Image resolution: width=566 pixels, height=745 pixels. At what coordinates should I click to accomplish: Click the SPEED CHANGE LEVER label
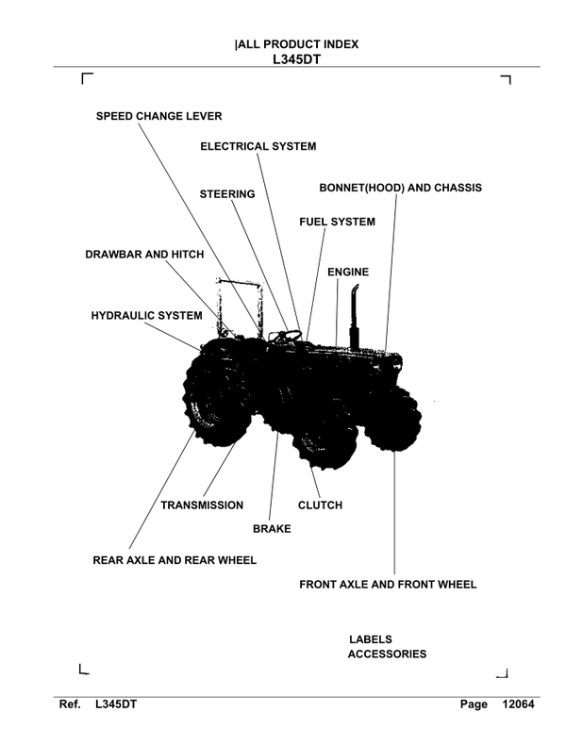click(159, 116)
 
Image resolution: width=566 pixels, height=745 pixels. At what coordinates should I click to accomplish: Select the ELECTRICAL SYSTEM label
click(258, 146)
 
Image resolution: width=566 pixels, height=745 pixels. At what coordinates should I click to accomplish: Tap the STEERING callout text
click(227, 194)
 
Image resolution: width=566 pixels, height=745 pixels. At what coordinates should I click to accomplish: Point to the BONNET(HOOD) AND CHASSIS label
click(400, 188)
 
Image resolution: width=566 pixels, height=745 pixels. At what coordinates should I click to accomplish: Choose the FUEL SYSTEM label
click(337, 222)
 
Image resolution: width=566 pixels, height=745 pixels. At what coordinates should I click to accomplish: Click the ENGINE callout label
click(347, 272)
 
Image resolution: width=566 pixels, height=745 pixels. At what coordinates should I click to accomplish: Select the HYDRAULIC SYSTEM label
click(146, 315)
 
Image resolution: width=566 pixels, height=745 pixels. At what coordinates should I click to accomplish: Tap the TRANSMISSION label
click(202, 505)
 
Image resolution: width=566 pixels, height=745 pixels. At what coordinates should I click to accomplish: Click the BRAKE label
click(272, 529)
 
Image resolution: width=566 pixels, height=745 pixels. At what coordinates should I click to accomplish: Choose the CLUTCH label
click(320, 505)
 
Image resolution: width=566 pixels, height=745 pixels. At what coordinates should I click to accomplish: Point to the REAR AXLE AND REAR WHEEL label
click(175, 559)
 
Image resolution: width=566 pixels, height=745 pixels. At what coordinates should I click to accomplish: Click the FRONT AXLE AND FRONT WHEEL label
click(388, 584)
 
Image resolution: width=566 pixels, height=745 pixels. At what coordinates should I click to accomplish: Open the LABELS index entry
click(370, 638)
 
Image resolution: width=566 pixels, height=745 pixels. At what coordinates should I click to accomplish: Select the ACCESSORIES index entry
click(387, 654)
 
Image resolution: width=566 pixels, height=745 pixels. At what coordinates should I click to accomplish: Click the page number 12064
click(517, 704)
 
